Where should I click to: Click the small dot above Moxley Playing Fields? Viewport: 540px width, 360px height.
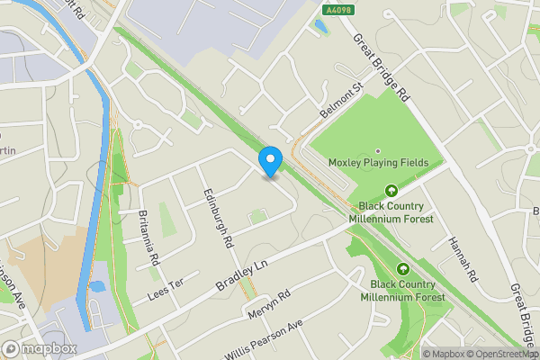pos(378,150)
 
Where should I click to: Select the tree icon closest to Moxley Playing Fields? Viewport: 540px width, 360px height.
pos(391,190)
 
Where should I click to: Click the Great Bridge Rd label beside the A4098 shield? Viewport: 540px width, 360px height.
pos(382,67)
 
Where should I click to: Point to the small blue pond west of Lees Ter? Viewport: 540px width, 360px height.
pos(96,287)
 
